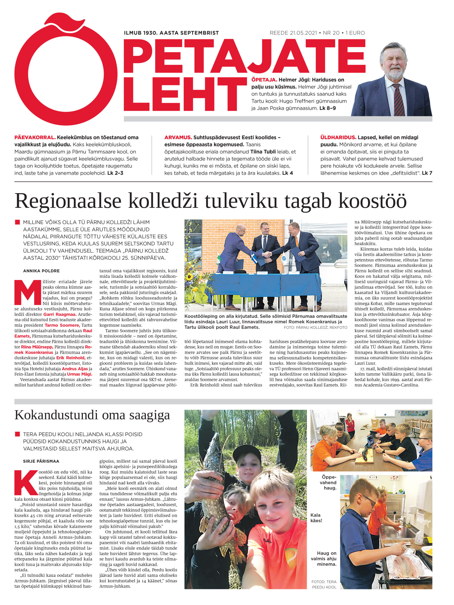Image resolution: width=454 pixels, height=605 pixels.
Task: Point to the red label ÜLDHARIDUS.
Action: click(x=338, y=138)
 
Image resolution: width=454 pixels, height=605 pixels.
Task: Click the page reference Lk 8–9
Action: click(x=327, y=108)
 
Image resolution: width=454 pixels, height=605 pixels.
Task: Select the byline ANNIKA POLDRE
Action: click(x=41, y=271)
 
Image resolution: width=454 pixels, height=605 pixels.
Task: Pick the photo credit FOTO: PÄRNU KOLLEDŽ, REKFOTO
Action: click(x=315, y=327)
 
